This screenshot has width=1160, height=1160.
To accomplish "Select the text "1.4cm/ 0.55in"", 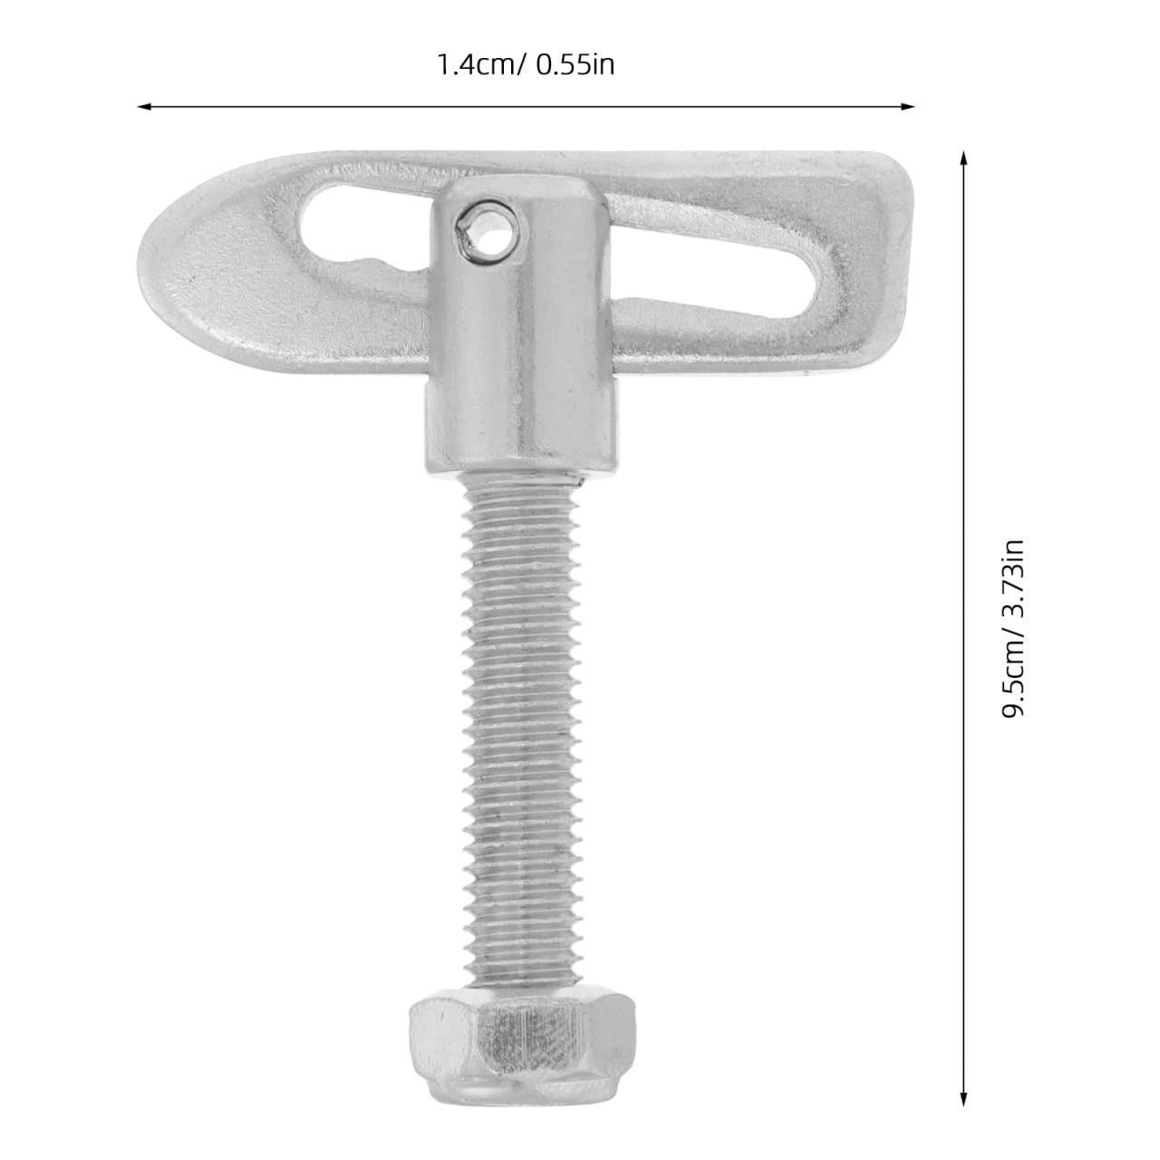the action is [x=526, y=65].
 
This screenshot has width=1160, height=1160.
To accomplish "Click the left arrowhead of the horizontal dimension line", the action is [x=143, y=107].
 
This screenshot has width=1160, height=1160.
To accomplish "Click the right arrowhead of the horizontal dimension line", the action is [x=908, y=107].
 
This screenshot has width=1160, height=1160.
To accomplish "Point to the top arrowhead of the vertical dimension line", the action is [x=963, y=158].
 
